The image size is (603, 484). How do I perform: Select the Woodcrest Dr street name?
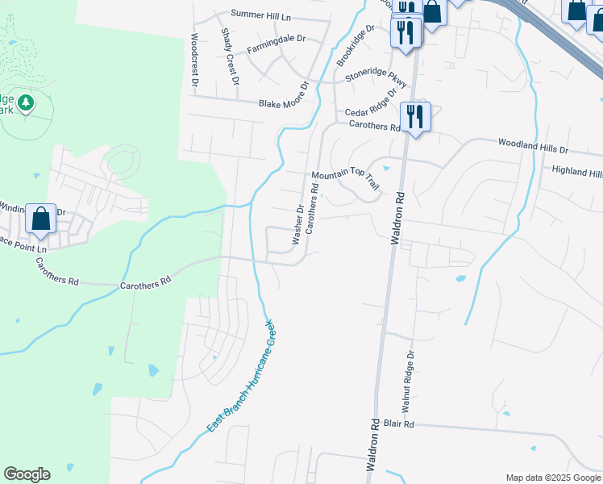[x=194, y=60]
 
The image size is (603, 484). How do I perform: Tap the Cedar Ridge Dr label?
[x=371, y=102]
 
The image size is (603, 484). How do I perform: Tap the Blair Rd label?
[x=398, y=423]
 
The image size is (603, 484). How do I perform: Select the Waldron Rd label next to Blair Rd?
[x=376, y=446]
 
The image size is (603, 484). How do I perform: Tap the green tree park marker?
[x=26, y=102]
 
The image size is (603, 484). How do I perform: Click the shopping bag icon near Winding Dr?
[x=40, y=219]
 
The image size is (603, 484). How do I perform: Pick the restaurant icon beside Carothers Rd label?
[x=414, y=116]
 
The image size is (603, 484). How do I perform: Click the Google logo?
[x=27, y=474]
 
